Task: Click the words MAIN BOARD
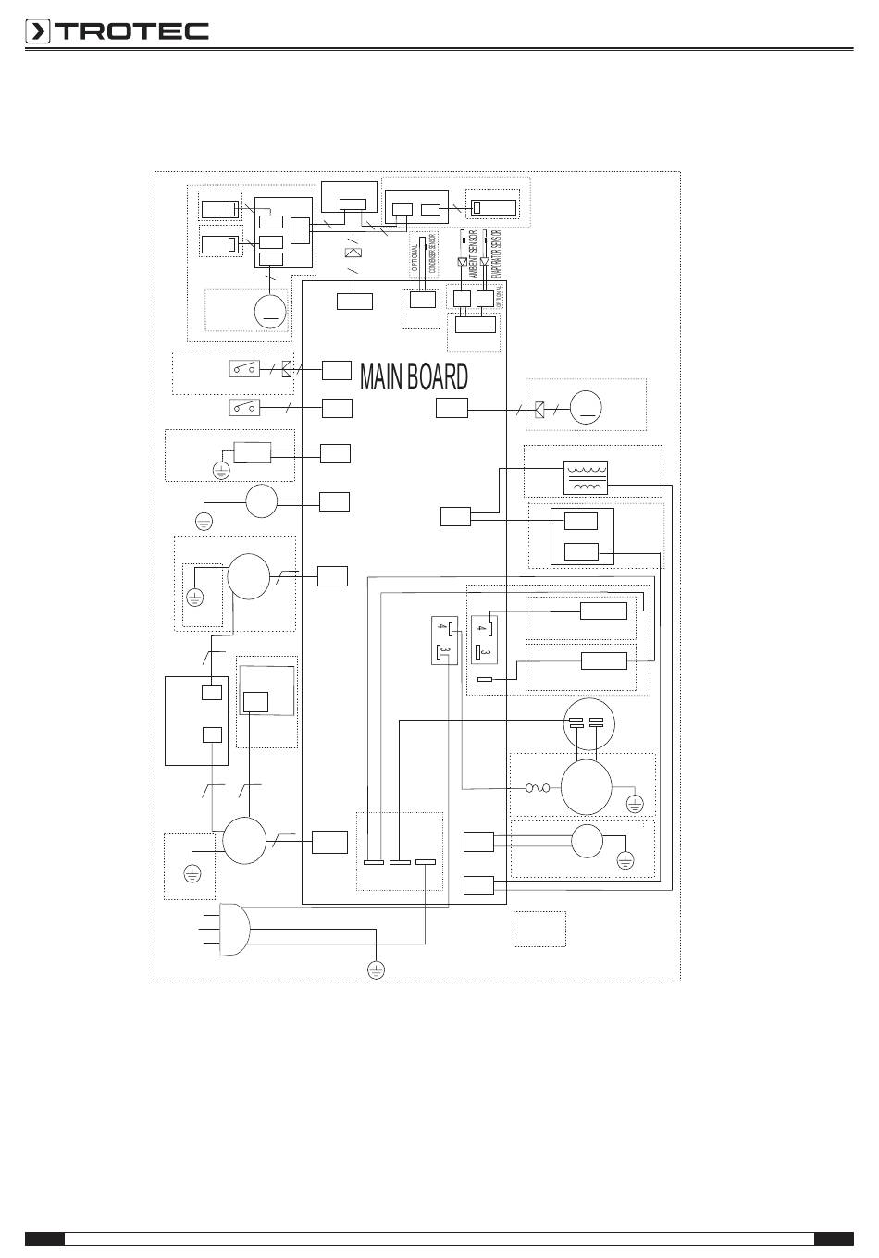click(x=414, y=376)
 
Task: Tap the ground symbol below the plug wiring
click(x=376, y=969)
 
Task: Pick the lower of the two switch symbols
click(x=244, y=407)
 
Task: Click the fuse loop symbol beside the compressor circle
click(x=538, y=788)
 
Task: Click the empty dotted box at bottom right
click(x=539, y=929)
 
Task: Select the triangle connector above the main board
click(x=352, y=253)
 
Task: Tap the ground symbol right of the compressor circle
click(x=635, y=803)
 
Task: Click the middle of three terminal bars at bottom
click(x=400, y=863)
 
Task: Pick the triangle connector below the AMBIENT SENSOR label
click(x=462, y=262)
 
